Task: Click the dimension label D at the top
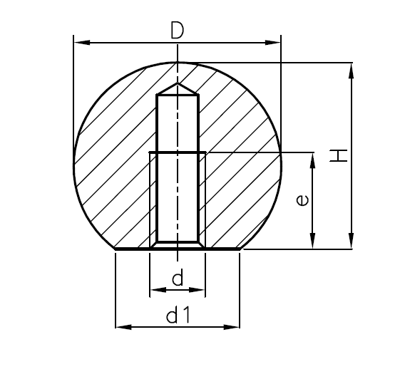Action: (177, 30)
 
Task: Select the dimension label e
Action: (302, 202)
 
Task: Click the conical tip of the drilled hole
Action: (178, 88)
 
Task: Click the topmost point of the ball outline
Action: (178, 63)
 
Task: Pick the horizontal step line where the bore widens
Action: (178, 152)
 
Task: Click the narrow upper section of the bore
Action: (178, 121)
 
